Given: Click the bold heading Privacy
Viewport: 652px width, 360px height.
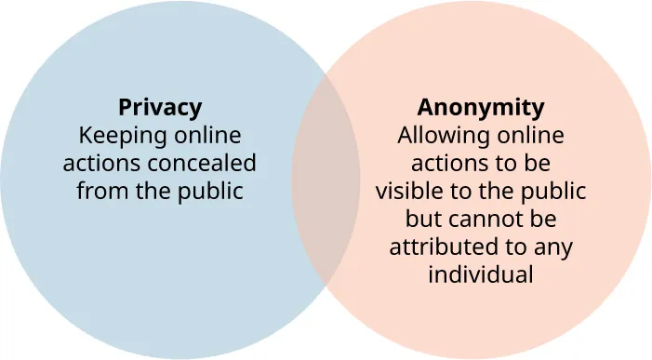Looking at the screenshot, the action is pyautogui.click(x=159, y=106).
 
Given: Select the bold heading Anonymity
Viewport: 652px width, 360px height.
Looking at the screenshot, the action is pyautogui.click(x=480, y=106).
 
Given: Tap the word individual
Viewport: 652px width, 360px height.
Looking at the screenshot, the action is pyautogui.click(x=480, y=276).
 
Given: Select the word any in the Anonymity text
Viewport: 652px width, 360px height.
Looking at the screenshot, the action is pyautogui.click(x=553, y=248).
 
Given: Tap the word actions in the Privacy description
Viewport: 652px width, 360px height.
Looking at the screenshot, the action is pyautogui.click(x=97, y=164).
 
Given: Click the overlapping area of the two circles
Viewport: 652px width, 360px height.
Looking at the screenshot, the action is pyautogui.click(x=326, y=180).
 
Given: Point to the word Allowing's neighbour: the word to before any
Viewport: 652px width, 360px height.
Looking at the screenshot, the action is pyautogui.click(x=519, y=248).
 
